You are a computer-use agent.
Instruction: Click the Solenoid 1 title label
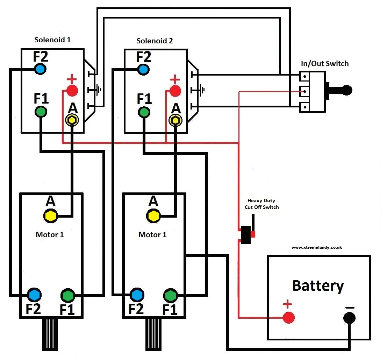[x=52, y=40]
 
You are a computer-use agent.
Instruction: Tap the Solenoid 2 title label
[x=155, y=41]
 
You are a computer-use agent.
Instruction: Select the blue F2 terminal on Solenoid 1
[x=41, y=69]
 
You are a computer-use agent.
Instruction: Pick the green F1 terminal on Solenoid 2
[x=144, y=112]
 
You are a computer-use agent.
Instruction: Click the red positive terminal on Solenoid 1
[x=72, y=91]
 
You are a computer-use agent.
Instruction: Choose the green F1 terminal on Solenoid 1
[x=41, y=112]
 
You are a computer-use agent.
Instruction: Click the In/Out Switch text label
[x=325, y=64]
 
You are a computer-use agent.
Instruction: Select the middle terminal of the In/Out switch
[x=305, y=91]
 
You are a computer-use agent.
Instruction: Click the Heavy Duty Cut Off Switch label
[x=261, y=204]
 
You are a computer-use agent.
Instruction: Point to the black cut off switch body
[x=246, y=235]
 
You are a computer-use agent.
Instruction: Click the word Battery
[x=318, y=285]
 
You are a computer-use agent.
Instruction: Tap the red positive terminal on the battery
[x=288, y=317]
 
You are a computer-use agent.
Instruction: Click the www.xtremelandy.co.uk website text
[x=316, y=247]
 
